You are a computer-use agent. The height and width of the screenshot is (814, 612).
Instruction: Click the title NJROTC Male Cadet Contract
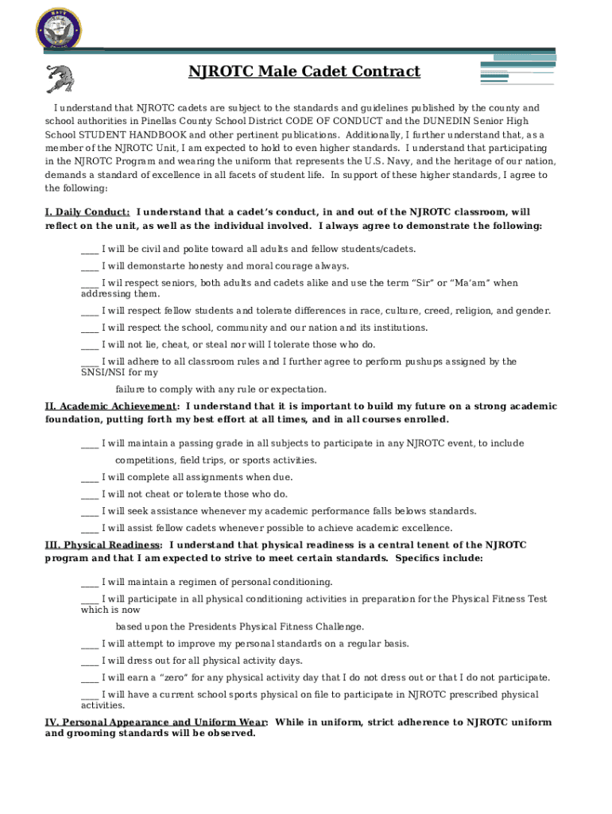tap(304, 72)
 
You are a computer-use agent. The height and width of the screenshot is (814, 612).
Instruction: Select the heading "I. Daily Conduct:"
tap(87, 212)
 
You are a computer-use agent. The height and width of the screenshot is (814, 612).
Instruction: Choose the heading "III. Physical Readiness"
tap(103, 545)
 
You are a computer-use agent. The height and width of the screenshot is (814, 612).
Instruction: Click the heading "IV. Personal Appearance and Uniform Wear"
tap(156, 723)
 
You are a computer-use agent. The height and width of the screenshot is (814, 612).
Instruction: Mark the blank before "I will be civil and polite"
tap(90, 249)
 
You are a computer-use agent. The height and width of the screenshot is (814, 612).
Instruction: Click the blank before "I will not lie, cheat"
tap(90, 344)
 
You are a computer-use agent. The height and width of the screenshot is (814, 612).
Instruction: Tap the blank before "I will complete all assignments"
tap(90, 477)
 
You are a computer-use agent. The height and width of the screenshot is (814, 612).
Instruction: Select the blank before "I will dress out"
tap(90, 661)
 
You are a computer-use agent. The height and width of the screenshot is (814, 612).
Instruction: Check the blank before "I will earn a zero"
tap(90, 677)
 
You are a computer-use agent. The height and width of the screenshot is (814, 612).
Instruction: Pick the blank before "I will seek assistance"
tap(90, 511)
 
